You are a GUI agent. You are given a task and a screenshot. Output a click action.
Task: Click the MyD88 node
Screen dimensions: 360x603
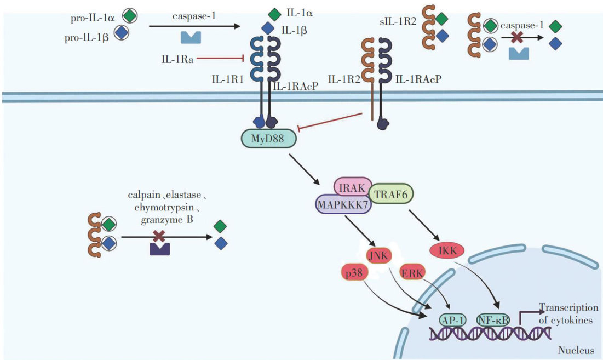[x=268, y=138]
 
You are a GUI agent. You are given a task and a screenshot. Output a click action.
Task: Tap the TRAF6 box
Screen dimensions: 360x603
[x=391, y=193]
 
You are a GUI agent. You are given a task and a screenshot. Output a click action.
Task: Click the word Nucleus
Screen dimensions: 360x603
[x=573, y=350]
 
